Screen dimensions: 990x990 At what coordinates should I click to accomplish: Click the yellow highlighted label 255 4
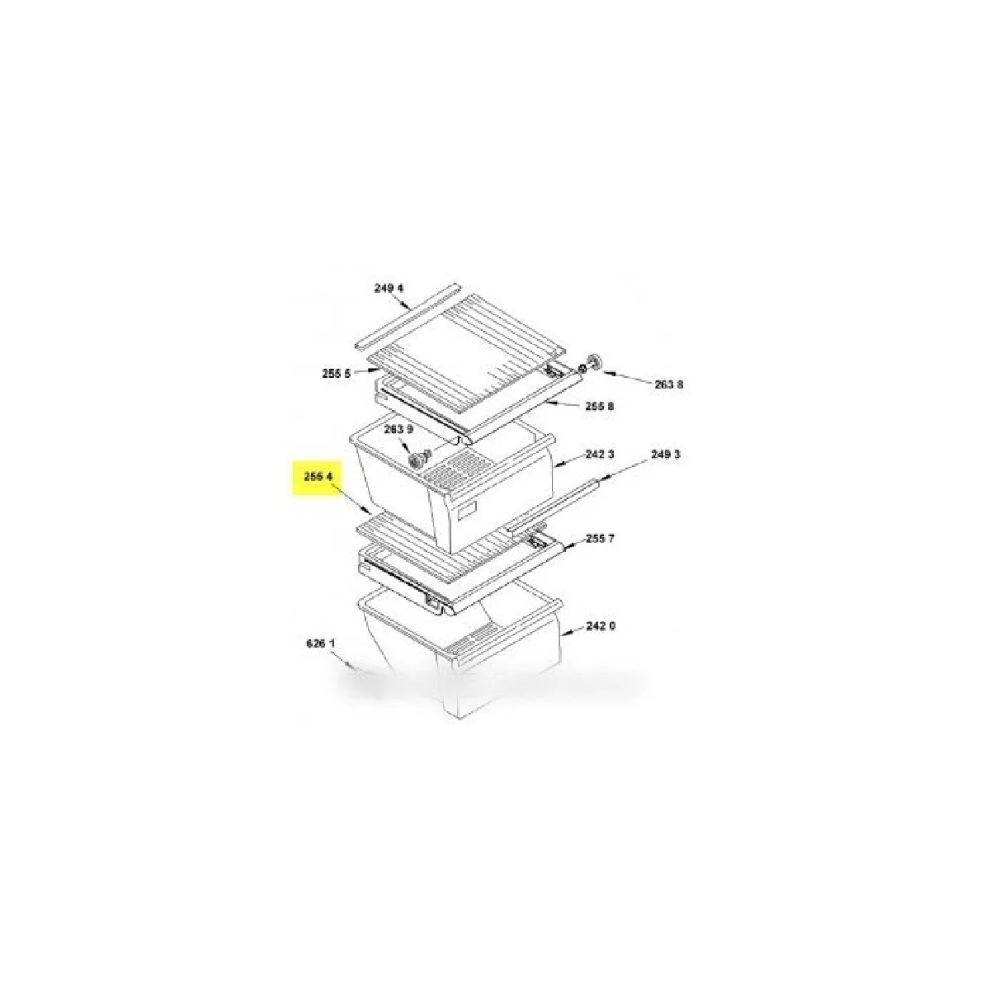(318, 476)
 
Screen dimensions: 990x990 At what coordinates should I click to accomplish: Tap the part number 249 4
(389, 288)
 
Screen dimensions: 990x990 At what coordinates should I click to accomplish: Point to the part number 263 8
(669, 384)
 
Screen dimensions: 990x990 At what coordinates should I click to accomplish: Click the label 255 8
(600, 407)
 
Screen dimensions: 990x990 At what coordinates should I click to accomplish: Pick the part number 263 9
(398, 430)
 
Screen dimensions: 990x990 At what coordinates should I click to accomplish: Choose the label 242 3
(600, 454)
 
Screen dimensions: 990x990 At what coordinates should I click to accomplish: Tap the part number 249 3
(666, 454)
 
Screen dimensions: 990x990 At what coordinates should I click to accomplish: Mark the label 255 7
(600, 539)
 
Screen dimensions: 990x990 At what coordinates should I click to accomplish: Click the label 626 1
(321, 643)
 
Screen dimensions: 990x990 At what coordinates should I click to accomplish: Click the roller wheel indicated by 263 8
(594, 361)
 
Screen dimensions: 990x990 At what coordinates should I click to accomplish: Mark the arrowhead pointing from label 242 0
(565, 635)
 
